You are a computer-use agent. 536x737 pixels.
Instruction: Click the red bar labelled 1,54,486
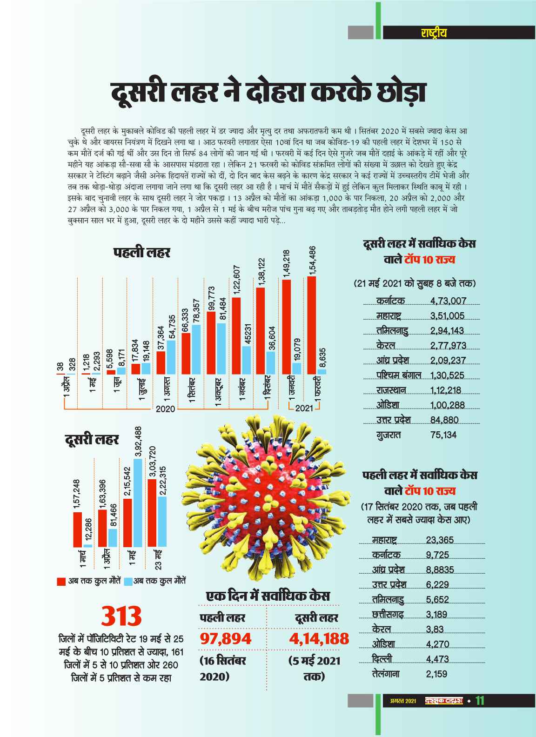[x=312, y=325]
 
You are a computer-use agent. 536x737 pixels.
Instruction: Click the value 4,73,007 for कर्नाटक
[x=448, y=301]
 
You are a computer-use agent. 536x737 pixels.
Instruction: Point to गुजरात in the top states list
[x=389, y=435]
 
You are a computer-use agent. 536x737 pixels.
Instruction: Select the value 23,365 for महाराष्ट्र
[x=440, y=540]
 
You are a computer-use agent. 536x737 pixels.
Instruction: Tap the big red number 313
[x=122, y=616]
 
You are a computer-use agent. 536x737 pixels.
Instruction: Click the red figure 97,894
[x=226, y=638]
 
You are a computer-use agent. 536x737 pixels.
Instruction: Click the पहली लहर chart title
[x=142, y=253]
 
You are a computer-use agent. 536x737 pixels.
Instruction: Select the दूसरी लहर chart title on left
[x=92, y=439]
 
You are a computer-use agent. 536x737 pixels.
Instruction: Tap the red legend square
[x=60, y=581]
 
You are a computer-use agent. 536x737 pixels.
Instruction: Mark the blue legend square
[x=129, y=581]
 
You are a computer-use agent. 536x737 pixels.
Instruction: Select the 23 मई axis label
[x=159, y=560]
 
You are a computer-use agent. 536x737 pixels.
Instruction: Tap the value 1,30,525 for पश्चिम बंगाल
[x=448, y=375]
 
